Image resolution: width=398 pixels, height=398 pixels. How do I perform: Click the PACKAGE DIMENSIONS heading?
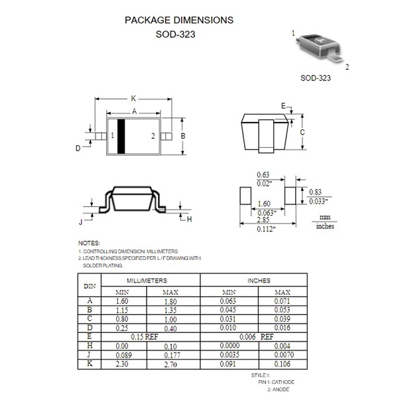point(179,20)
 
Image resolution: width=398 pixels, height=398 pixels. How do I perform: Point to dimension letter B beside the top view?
point(183,136)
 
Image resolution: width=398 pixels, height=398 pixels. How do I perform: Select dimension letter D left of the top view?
point(78,149)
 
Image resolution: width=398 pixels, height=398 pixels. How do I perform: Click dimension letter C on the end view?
point(302,132)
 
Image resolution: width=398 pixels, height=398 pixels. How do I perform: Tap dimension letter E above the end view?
point(283,106)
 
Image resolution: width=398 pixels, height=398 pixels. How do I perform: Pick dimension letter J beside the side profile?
point(80,221)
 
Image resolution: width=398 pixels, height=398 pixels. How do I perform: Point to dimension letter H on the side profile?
point(189,219)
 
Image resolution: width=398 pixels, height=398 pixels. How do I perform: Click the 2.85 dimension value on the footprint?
point(264,219)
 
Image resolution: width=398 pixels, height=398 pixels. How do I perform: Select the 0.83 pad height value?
point(315,191)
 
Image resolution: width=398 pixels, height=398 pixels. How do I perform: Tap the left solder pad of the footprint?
point(244,197)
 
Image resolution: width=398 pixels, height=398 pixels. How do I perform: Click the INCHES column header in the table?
point(259,281)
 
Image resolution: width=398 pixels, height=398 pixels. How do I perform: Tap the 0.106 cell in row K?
point(282,364)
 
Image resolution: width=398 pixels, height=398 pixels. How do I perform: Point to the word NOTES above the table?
point(89,243)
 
